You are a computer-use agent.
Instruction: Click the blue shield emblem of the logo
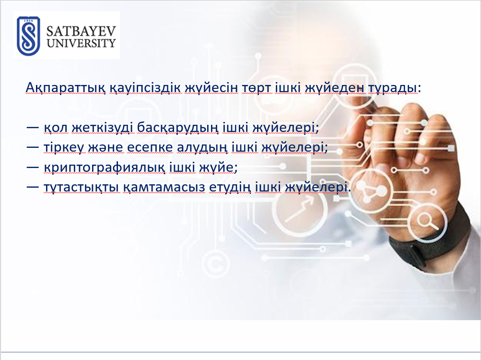click(x=28, y=36)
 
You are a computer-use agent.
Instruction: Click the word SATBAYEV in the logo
click(x=82, y=31)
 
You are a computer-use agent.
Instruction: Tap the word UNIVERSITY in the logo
click(x=82, y=43)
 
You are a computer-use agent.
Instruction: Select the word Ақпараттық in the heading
click(x=66, y=88)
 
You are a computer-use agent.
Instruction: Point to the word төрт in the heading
click(x=256, y=88)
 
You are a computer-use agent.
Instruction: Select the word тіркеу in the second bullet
click(x=64, y=148)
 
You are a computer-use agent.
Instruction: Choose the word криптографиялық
click(x=105, y=168)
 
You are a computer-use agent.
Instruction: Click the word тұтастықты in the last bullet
click(x=82, y=187)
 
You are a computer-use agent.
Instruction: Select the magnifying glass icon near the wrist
click(x=428, y=221)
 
